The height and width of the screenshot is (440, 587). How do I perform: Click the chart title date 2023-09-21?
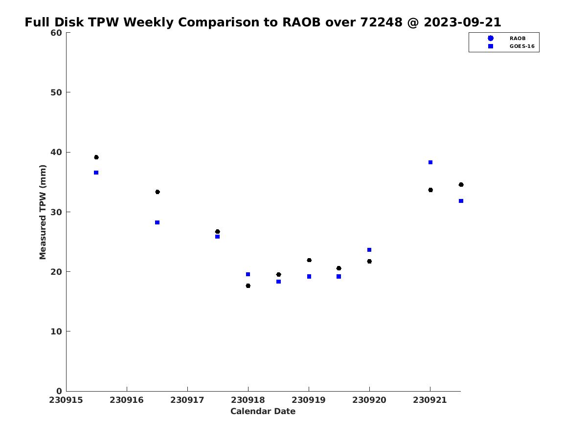(x=462, y=22)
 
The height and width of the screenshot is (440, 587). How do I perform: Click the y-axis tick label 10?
(x=56, y=331)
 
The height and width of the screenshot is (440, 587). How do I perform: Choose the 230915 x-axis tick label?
(x=66, y=400)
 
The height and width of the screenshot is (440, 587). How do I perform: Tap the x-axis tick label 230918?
(x=248, y=400)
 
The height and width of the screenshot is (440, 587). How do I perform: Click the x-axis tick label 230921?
(x=430, y=400)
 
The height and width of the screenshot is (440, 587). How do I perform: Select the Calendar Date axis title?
(x=263, y=411)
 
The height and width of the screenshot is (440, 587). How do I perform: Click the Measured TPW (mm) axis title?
(x=43, y=212)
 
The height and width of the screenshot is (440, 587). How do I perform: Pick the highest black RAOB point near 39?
(x=96, y=157)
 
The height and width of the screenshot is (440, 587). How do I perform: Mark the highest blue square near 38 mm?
(x=430, y=162)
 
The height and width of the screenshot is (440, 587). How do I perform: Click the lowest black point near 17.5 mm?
(x=248, y=286)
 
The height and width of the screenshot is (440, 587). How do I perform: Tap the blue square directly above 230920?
(x=369, y=250)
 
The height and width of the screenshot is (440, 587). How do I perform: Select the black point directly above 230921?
(x=430, y=190)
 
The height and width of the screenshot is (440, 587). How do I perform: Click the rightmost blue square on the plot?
(x=461, y=201)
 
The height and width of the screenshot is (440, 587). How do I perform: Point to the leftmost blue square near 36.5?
(x=96, y=173)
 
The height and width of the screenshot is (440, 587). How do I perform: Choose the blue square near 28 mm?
(x=157, y=222)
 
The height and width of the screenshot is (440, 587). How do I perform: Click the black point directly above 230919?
(x=309, y=260)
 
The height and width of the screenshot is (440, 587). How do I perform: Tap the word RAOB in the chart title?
(x=301, y=22)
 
